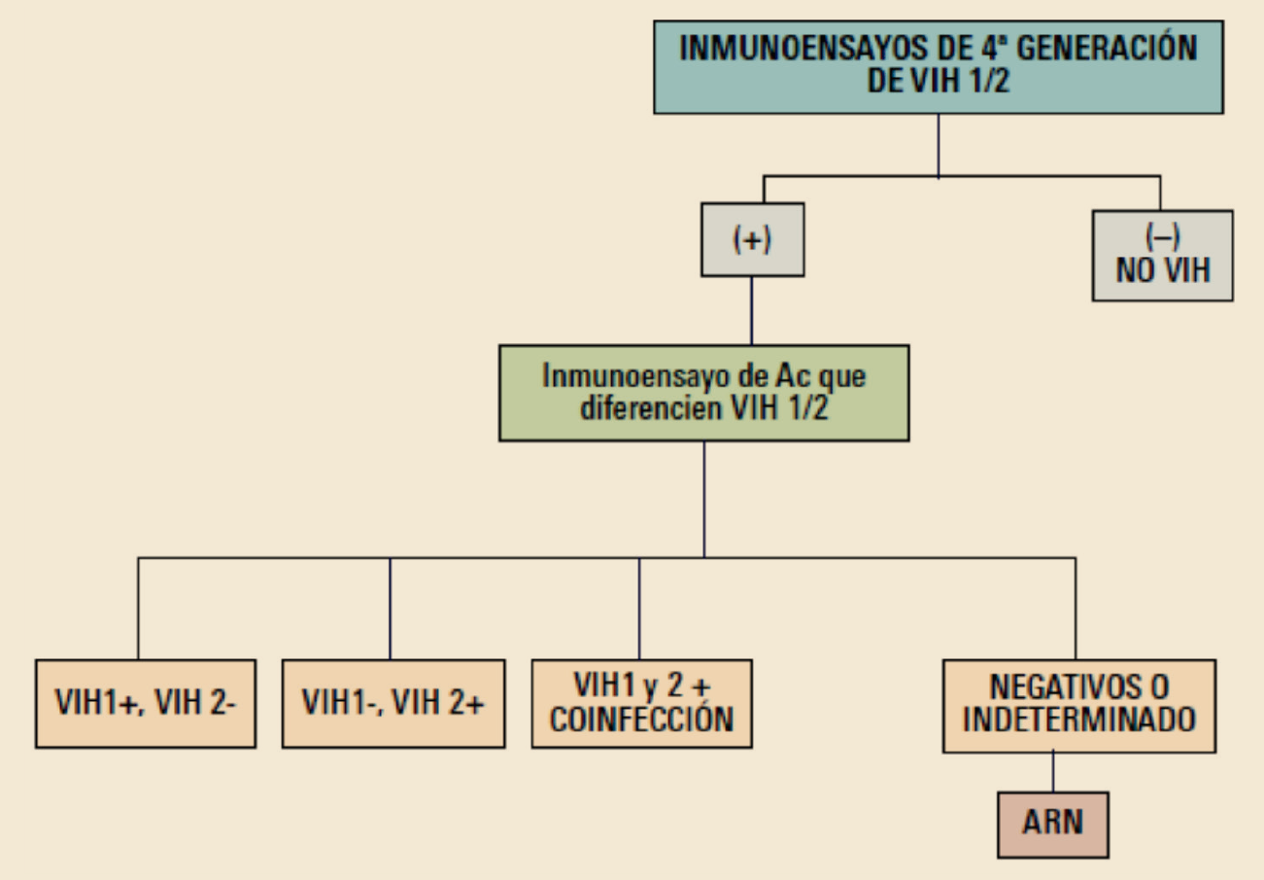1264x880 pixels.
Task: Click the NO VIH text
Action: point(1163,269)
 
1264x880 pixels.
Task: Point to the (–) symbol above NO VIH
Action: point(1163,240)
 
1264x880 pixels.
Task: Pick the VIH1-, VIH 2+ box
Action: point(393,704)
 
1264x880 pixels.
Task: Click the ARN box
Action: point(1052,824)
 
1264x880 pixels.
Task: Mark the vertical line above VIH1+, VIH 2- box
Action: point(138,609)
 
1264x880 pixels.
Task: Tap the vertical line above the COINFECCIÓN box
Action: point(638,609)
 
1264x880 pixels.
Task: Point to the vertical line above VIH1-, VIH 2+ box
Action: point(390,609)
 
